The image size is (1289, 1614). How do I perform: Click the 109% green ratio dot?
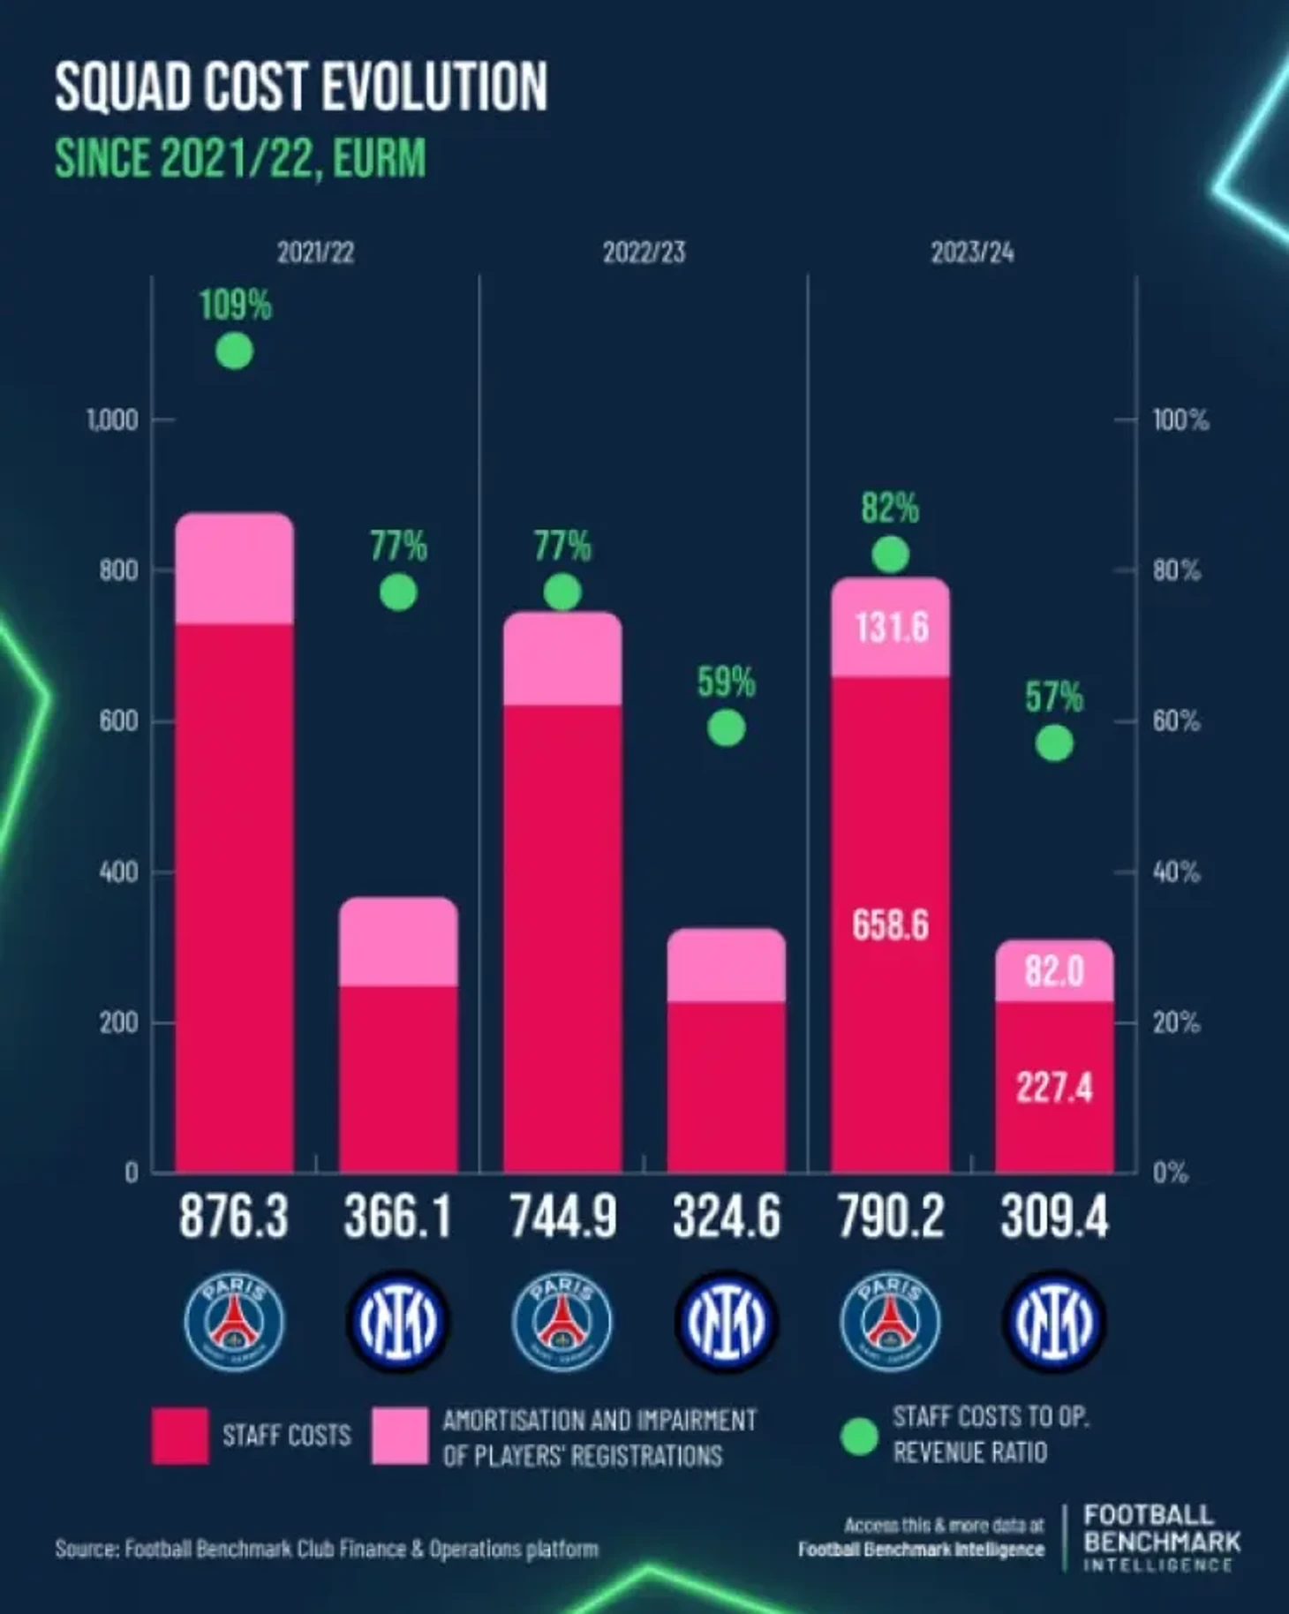click(x=234, y=351)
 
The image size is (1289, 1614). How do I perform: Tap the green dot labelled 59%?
click(x=726, y=728)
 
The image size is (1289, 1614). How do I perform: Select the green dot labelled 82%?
click(x=890, y=554)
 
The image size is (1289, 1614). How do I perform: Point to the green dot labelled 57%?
click(x=1054, y=743)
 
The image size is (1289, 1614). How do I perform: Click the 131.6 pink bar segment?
click(x=890, y=628)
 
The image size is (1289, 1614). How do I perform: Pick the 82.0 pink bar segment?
click(x=1054, y=971)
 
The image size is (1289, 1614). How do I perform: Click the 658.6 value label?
click(x=890, y=925)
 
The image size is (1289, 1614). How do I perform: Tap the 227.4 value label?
click(x=1054, y=1088)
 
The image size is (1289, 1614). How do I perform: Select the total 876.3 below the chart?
click(x=234, y=1217)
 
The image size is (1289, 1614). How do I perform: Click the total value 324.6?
click(x=726, y=1217)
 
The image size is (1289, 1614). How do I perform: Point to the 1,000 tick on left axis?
click(x=112, y=420)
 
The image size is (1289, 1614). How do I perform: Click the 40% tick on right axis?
click(x=1176, y=872)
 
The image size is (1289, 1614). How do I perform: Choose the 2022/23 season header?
click(x=644, y=253)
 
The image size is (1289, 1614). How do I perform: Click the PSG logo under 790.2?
click(x=890, y=1322)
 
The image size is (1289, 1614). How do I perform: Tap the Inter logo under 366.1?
click(x=398, y=1322)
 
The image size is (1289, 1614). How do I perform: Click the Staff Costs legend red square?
click(x=180, y=1436)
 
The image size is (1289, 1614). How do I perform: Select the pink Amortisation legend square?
click(x=400, y=1436)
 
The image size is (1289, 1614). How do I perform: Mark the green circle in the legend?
click(x=858, y=1437)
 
